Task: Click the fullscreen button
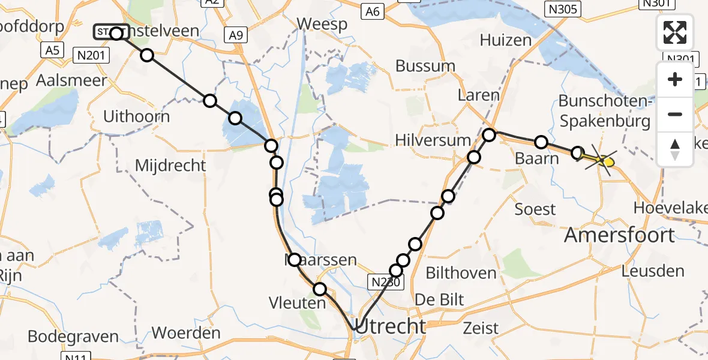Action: click(675, 32)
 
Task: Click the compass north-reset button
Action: click(675, 149)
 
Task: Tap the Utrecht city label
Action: click(391, 326)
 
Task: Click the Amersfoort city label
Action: click(620, 235)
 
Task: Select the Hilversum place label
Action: click(433, 140)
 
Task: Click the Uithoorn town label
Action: click(136, 116)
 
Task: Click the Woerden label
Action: click(186, 332)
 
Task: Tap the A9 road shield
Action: click(236, 36)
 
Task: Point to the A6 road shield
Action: click(373, 11)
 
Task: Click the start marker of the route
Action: click(111, 32)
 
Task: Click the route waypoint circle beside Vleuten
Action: click(320, 290)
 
